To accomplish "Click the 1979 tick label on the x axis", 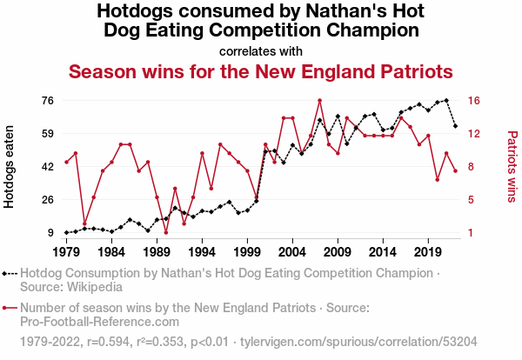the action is pos(67,252).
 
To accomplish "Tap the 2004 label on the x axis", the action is pos(292,252).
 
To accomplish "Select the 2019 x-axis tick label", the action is pos(428,252).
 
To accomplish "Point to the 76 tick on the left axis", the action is pos(48,101).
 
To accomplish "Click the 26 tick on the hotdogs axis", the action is pos(48,200).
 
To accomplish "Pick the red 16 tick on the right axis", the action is pos(474,101).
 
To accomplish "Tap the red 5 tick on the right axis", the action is pos(471,200).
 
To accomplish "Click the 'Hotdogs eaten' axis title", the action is pos(9,167).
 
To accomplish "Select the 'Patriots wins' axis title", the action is pos(512,167).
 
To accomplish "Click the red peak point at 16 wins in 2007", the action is pos(319,100).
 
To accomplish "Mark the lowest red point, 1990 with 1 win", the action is pos(166,232).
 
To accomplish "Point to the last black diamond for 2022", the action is pos(455,126).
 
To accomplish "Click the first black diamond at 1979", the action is pos(67,232).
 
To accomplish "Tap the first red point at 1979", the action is pos(67,162).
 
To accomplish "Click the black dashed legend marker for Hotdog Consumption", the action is pos(10,274).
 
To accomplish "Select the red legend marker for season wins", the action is pos(10,308).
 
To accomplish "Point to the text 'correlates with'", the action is pos(261,51).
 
